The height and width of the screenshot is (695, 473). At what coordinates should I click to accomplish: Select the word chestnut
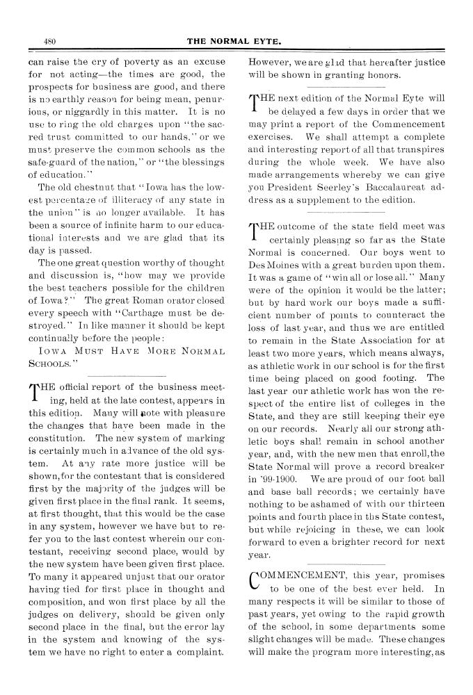83,188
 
